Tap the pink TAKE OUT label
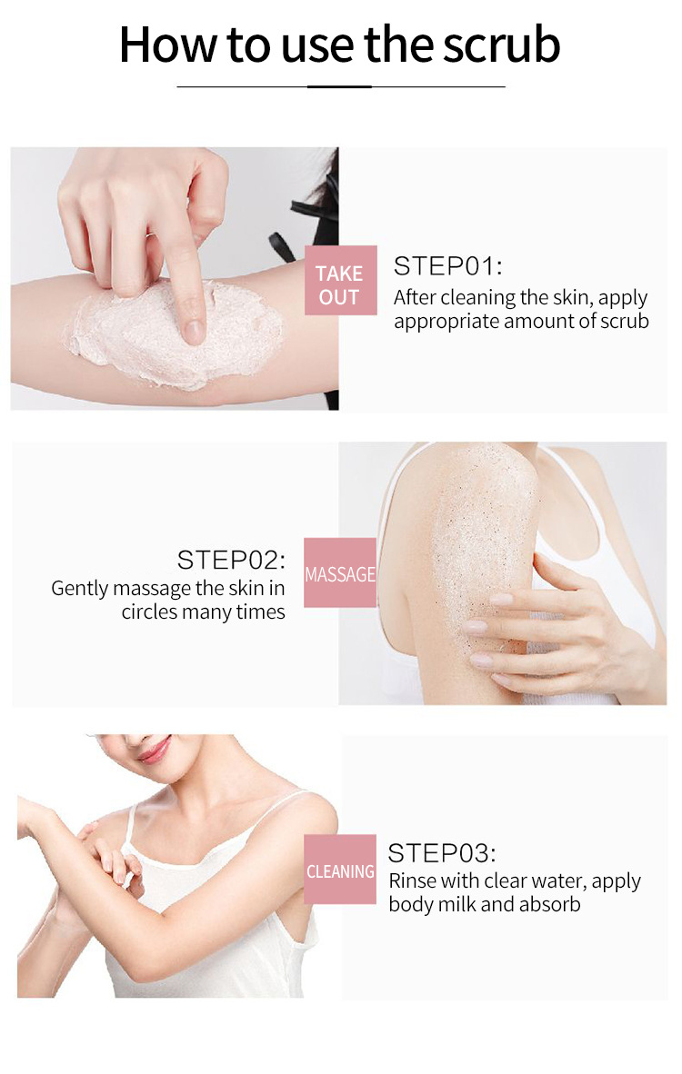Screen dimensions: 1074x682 tap(339, 284)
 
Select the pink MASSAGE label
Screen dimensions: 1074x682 tap(339, 574)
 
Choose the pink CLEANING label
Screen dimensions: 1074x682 tap(340, 871)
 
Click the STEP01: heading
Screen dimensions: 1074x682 tap(447, 266)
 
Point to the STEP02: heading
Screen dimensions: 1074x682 tap(231, 559)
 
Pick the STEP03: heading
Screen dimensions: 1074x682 tap(442, 853)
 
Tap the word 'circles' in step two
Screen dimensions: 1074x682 tap(149, 612)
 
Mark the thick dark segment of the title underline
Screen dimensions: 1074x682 tap(339, 86)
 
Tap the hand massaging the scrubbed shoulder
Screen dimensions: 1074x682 tap(555, 627)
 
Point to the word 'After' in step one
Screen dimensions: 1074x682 tap(415, 298)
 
